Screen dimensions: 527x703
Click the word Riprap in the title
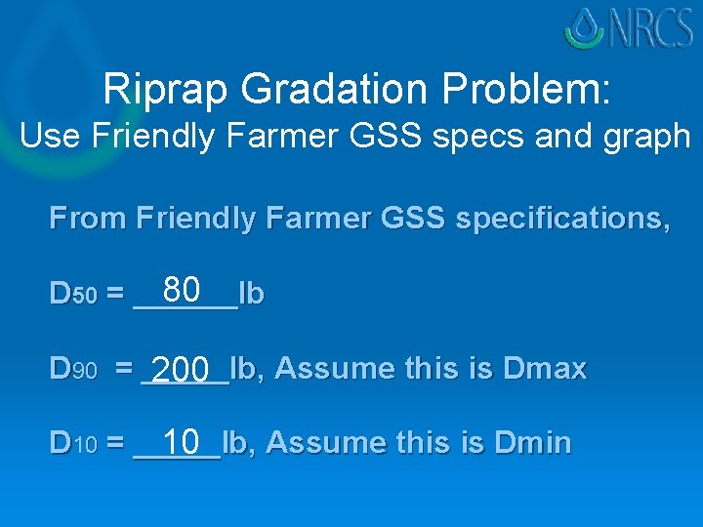click(x=167, y=89)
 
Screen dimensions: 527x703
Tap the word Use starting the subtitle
click(x=43, y=136)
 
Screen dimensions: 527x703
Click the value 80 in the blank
click(x=182, y=290)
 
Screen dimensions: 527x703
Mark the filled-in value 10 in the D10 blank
click(x=182, y=442)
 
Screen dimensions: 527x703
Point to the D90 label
click(x=73, y=370)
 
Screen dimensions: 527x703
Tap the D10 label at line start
click(x=73, y=444)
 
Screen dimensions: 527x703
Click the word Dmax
click(x=544, y=369)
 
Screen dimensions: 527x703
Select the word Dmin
click(x=532, y=443)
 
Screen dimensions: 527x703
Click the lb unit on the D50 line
click(x=251, y=294)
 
